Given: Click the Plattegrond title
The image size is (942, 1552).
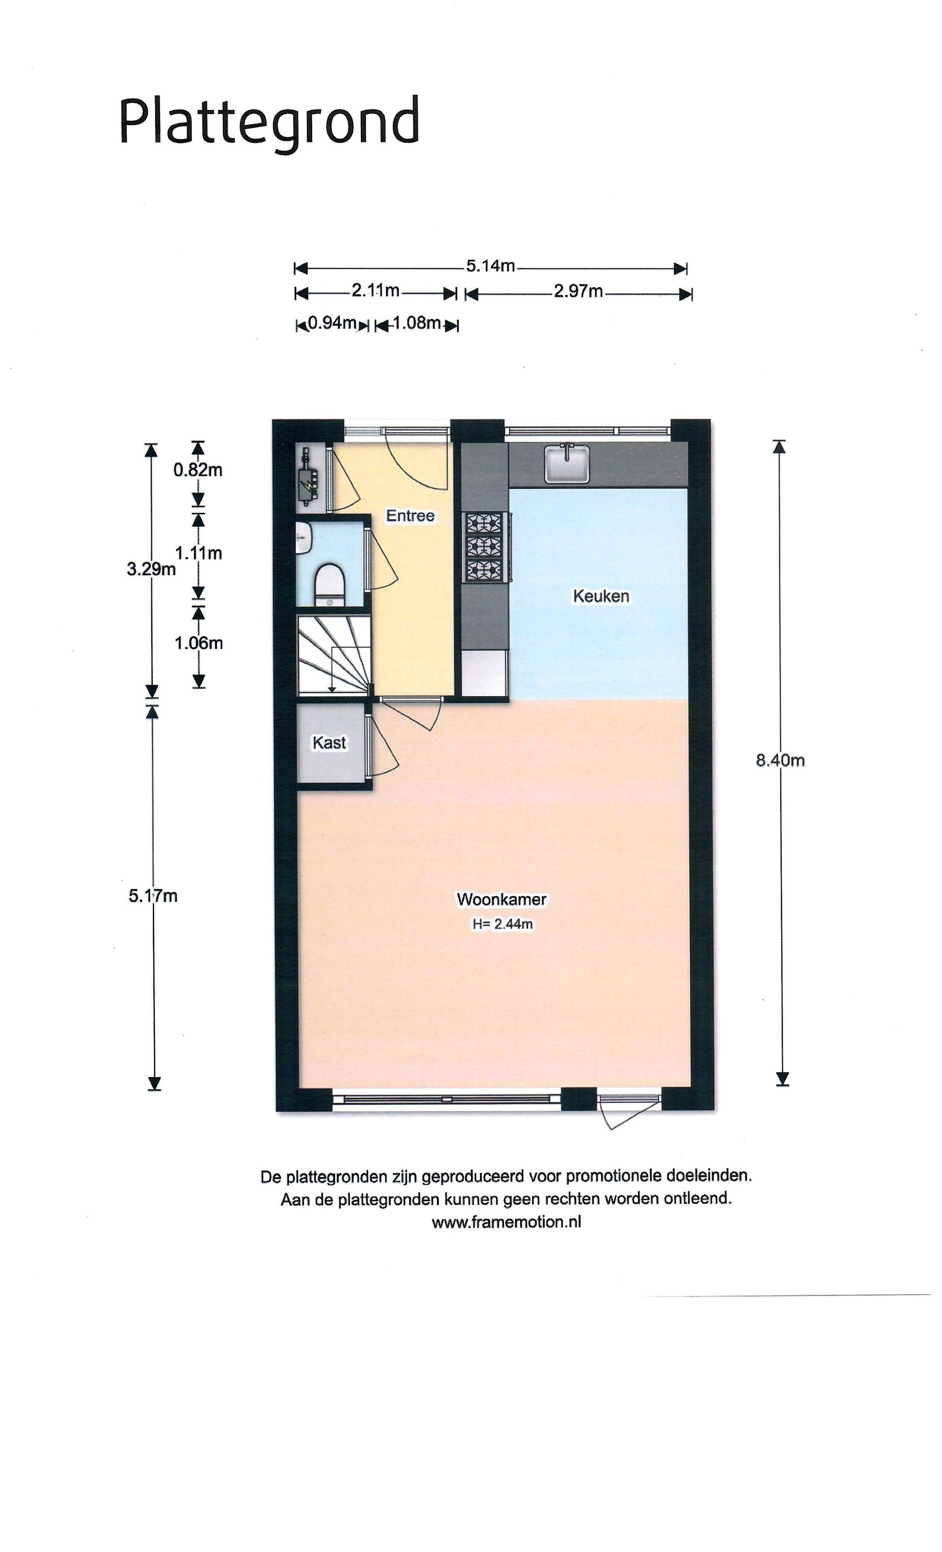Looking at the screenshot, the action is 269,123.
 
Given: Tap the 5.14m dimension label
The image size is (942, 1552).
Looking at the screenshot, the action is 490,266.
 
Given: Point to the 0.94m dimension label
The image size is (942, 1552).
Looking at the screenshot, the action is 331,323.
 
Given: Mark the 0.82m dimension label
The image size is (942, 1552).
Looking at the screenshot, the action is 198,470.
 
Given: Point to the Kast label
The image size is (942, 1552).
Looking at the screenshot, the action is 329,743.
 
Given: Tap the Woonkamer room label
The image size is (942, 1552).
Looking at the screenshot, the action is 502,899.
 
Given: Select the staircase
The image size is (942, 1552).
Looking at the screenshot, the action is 334,655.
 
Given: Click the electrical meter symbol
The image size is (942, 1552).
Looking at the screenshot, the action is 308,477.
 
